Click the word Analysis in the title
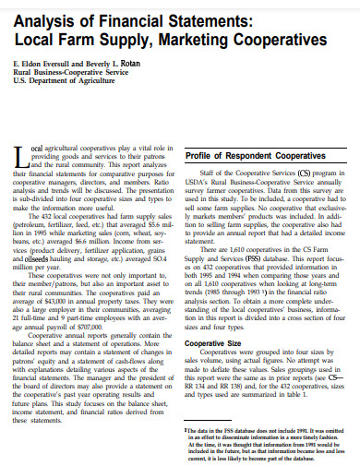tap(42, 20)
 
